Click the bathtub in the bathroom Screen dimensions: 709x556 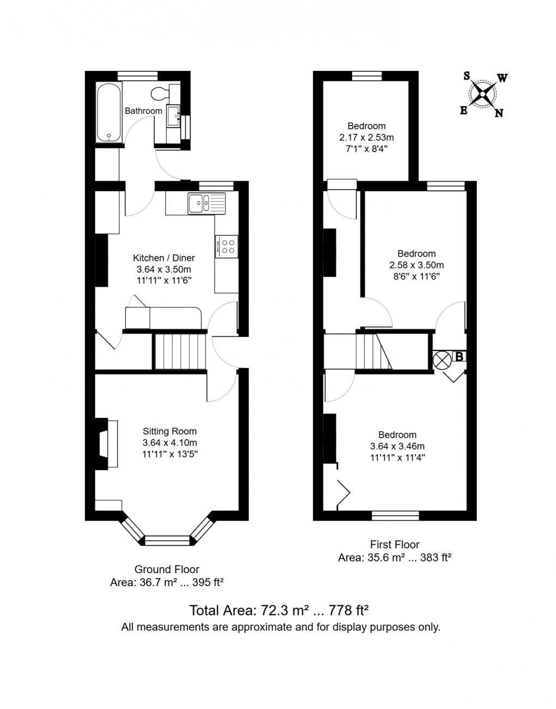[x=108, y=112]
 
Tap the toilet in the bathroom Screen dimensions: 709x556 [x=160, y=93]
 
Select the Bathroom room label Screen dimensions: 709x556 [x=143, y=111]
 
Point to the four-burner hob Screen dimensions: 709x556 [x=227, y=246]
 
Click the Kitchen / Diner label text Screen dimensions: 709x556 [x=164, y=258]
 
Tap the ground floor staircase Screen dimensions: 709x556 [x=179, y=352]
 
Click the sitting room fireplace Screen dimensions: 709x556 [x=105, y=444]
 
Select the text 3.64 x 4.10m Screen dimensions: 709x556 [x=170, y=443]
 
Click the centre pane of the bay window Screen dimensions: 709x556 [x=167, y=540]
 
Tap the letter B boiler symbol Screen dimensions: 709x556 [x=460, y=357]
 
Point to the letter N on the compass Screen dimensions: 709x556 [x=499, y=114]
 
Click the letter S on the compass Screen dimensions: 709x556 [x=467, y=76]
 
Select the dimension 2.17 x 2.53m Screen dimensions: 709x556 [x=366, y=137]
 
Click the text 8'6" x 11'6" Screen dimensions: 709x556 [x=416, y=276]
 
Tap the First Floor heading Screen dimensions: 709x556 [x=395, y=544]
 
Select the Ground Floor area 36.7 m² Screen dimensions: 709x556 [x=167, y=582]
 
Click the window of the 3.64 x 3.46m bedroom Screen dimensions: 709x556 [x=395, y=515]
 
